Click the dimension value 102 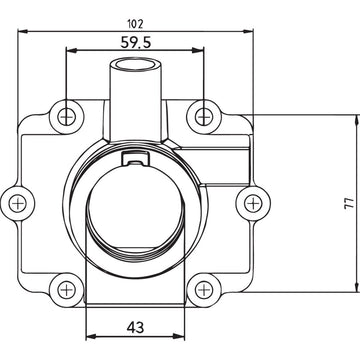pyautogui.click(x=137, y=22)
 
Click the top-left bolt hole pyautogui.click(x=67, y=114)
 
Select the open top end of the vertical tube pyautogui.click(x=136, y=66)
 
